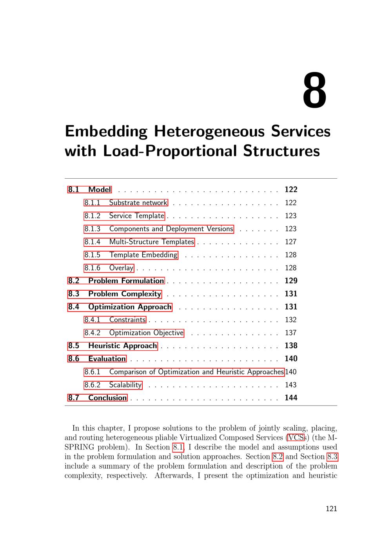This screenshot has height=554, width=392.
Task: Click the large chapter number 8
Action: point(314,91)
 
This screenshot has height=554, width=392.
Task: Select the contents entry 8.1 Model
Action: point(90,190)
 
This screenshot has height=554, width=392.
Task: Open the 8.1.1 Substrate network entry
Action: point(126,203)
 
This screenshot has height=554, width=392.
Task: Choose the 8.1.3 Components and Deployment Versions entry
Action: point(159,229)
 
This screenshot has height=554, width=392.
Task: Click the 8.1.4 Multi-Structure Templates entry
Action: point(139,242)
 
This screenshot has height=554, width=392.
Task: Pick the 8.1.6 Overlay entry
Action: point(109,268)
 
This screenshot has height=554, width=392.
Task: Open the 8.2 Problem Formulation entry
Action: point(116,281)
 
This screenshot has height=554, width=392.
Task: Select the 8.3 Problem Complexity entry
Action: point(114,294)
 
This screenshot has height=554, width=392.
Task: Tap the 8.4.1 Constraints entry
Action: point(115,320)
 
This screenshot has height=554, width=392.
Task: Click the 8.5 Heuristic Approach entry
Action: point(113,346)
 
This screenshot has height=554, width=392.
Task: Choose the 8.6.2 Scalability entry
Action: point(113,385)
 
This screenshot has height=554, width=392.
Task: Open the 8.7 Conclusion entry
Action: point(98,398)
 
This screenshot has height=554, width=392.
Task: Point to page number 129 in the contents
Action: point(291,281)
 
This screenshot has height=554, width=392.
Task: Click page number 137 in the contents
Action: point(290,333)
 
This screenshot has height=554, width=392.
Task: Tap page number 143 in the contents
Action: point(290,385)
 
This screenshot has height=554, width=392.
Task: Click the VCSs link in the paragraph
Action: point(296,438)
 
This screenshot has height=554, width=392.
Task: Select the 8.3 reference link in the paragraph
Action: point(332,457)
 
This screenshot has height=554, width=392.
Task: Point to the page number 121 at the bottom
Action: point(331,509)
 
